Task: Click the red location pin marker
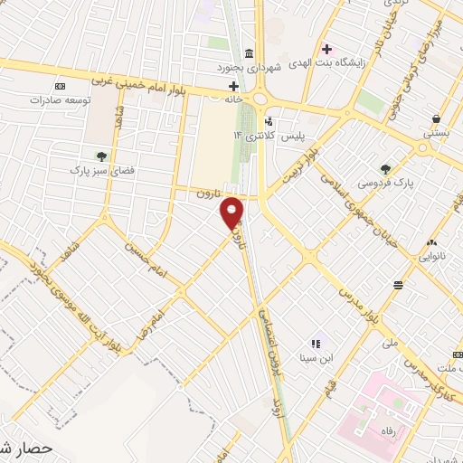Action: [x=232, y=213]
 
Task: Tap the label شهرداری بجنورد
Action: [x=250, y=67]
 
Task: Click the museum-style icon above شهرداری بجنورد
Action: [x=250, y=52]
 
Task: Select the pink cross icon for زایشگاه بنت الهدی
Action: [x=327, y=48]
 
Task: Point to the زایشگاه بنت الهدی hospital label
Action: [x=342, y=63]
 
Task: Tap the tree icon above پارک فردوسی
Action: [x=386, y=168]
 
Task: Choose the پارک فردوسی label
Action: [x=386, y=183]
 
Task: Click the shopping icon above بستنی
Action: [x=437, y=118]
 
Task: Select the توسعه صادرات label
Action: [x=60, y=99]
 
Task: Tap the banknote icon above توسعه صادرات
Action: [x=60, y=85]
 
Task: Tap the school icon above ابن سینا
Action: [x=316, y=344]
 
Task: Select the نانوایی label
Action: [x=430, y=256]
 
